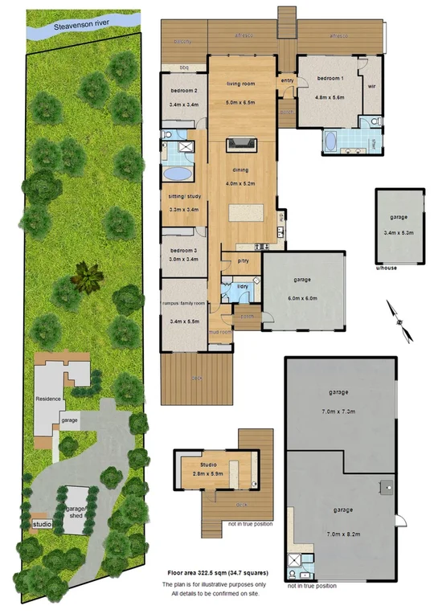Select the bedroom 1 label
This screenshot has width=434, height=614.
(x=330, y=79)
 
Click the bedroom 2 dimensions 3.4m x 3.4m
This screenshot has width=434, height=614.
(x=184, y=105)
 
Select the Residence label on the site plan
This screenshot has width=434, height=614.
(x=48, y=399)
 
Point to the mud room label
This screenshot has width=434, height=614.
(x=219, y=331)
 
